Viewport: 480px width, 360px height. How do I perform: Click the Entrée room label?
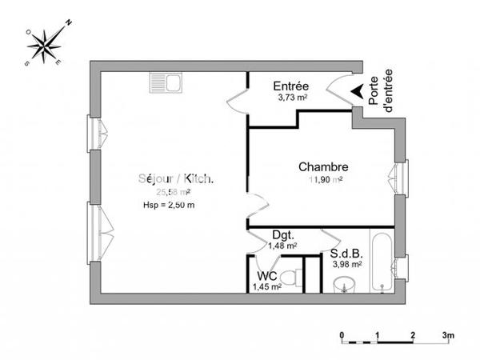click(290, 86)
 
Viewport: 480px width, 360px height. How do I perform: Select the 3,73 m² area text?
click(290, 97)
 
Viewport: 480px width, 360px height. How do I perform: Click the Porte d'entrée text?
click(382, 90)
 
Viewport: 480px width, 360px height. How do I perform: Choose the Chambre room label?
click(323, 167)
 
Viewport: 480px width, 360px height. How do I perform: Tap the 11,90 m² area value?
click(323, 180)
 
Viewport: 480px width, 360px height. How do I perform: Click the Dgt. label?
click(282, 235)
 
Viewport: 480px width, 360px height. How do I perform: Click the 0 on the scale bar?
click(342, 334)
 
